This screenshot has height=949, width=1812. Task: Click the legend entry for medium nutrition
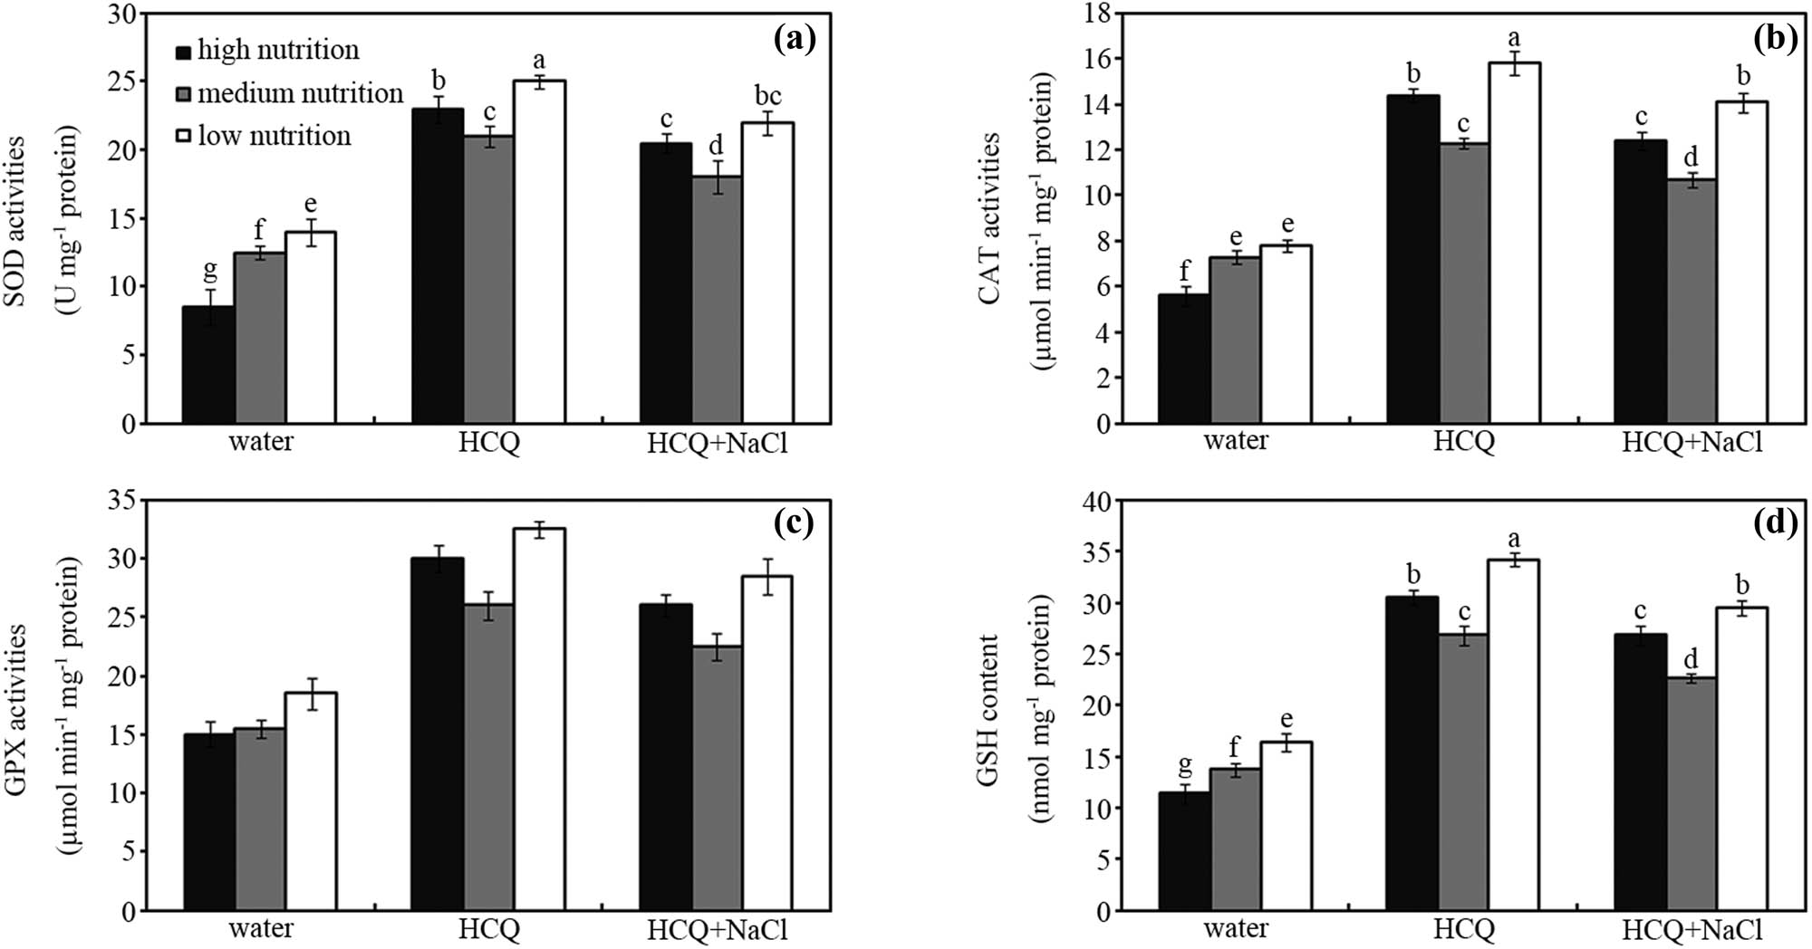288,93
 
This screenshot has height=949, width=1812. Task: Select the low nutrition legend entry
263,136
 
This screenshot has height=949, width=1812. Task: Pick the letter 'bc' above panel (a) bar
767,96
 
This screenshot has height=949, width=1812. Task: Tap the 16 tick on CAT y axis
1097,59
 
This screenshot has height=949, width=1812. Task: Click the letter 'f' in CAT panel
1184,269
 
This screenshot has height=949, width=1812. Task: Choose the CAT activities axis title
990,217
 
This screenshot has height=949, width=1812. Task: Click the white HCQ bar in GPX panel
539,719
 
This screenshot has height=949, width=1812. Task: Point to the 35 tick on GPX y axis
121,501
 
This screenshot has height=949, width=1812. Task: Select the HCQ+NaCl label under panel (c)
718,930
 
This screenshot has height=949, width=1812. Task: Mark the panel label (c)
795,523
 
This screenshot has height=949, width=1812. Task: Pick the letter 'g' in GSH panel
1184,765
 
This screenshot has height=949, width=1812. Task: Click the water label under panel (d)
1236,929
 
